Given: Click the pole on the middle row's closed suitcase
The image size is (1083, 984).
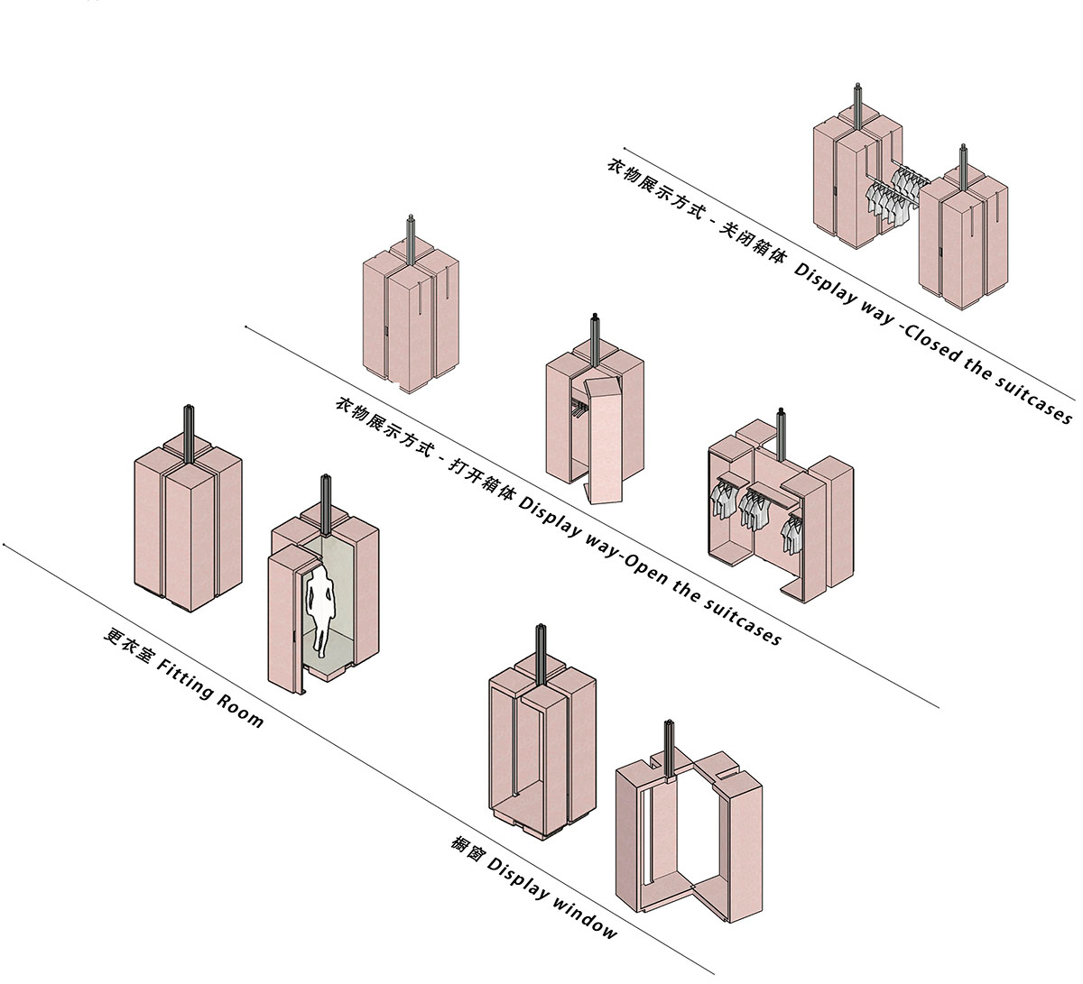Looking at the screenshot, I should [411, 239].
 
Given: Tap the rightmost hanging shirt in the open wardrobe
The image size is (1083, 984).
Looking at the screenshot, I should [792, 534].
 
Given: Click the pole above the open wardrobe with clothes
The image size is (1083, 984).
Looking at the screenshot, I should [780, 432].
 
